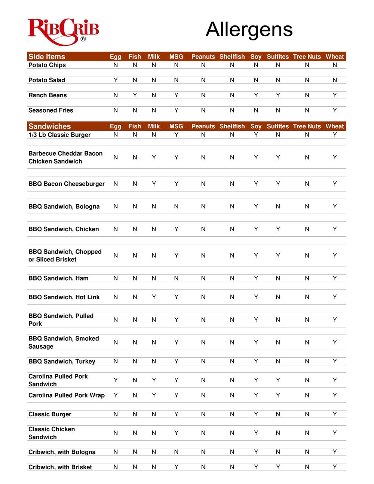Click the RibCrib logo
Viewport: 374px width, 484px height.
click(x=63, y=31)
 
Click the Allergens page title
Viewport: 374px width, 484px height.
click(x=249, y=29)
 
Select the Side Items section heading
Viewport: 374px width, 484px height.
click(x=47, y=56)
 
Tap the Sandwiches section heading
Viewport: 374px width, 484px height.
click(x=49, y=126)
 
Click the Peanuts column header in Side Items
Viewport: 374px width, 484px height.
click(x=203, y=56)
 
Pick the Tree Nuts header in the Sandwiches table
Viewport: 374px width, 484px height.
click(x=307, y=126)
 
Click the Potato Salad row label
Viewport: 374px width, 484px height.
click(x=47, y=80)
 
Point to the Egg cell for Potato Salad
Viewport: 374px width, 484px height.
click(x=116, y=80)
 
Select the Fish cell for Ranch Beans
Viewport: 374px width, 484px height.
click(x=135, y=95)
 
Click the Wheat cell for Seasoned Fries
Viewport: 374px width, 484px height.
click(x=335, y=110)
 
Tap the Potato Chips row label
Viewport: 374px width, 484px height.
click(x=47, y=65)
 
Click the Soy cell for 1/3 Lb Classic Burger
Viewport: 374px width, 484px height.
click(x=256, y=135)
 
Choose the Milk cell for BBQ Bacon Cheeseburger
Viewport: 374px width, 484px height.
click(x=154, y=184)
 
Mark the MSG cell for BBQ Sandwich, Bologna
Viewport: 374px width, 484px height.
click(x=176, y=206)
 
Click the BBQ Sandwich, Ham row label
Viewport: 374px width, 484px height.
click(x=58, y=278)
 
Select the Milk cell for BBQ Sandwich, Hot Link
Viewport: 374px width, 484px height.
click(x=154, y=297)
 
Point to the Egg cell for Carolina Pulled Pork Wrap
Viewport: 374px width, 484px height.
click(x=116, y=395)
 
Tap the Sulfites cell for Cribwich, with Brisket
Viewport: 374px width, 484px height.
click(x=278, y=467)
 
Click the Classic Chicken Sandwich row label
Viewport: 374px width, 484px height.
click(x=52, y=433)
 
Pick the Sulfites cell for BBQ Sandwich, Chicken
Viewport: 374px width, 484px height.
click(x=278, y=229)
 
